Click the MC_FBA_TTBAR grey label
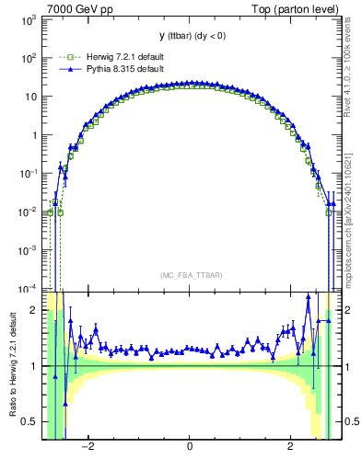point(189,275)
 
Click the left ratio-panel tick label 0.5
point(29,422)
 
